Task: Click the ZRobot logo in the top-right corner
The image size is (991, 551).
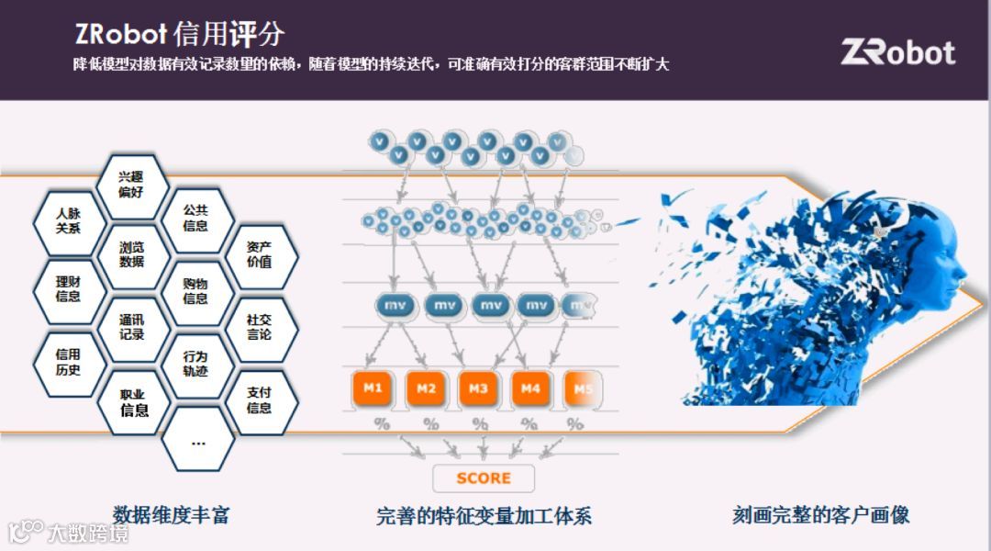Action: tap(897, 52)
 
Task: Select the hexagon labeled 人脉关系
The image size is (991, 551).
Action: tap(69, 221)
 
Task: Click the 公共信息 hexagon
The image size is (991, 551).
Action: tap(195, 219)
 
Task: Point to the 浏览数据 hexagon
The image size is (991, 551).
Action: tap(132, 254)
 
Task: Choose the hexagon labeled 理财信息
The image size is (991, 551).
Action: tap(69, 289)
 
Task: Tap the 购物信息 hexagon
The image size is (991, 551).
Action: tap(195, 291)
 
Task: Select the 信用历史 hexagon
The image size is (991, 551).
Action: tap(69, 362)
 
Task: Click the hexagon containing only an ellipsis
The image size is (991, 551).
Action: tap(197, 442)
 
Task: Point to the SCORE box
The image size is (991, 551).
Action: tap(483, 478)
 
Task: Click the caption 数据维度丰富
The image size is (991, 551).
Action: tap(171, 514)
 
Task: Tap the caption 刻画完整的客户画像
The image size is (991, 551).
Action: tap(820, 514)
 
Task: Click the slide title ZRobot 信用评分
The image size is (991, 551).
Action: tap(180, 35)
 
